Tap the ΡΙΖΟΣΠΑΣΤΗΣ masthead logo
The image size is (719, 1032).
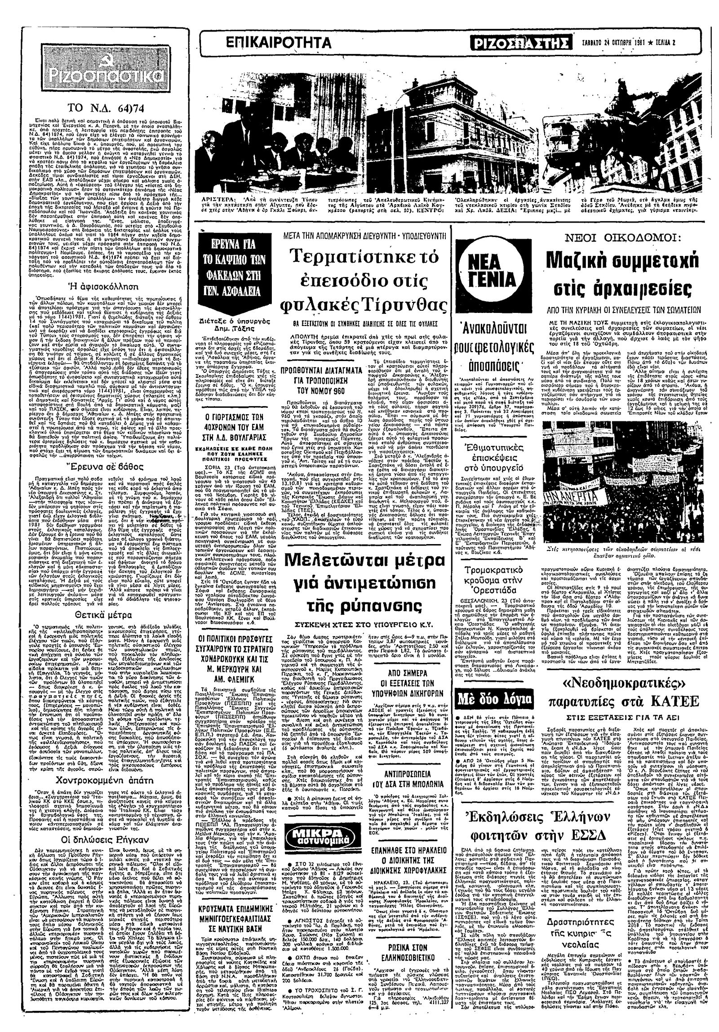[520, 43]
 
